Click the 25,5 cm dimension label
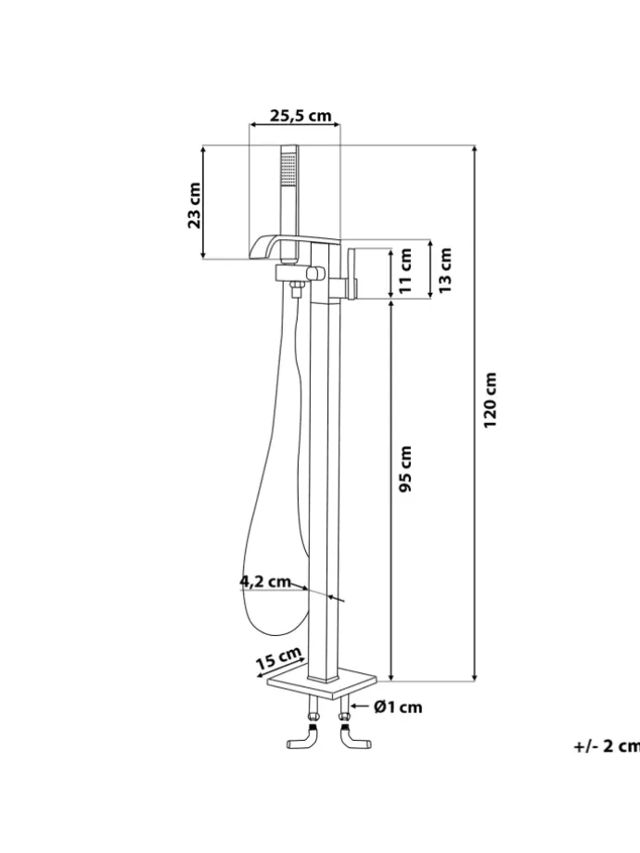coord(301,115)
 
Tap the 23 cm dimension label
coord(194,206)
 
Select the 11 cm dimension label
coord(406,271)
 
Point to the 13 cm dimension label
coord(445,270)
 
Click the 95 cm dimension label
coord(405,469)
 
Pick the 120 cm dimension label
coord(491,400)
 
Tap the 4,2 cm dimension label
coord(265,581)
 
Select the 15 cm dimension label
coord(279,658)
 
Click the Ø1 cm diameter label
coord(398,707)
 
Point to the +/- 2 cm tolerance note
coord(607,746)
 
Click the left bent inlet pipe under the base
coord(303,731)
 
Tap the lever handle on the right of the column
coord(352,272)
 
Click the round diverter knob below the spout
coord(315,274)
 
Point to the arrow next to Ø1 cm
coord(360,707)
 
